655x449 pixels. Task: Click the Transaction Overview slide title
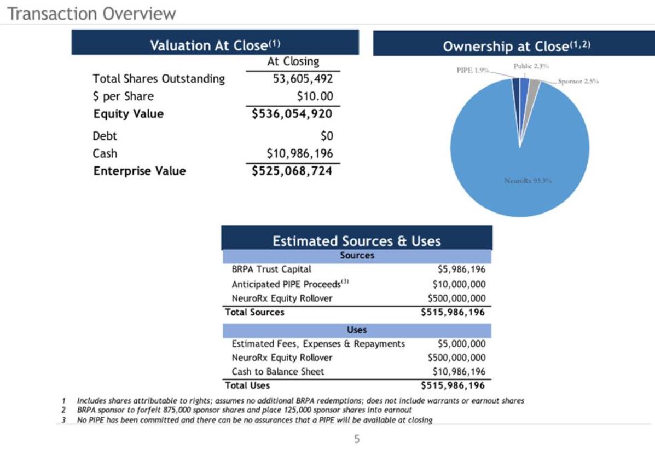92,13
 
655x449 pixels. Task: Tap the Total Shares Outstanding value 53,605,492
303,79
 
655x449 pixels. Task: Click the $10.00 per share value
315,96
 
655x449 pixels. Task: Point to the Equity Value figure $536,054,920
292,114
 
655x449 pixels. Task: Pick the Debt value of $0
326,136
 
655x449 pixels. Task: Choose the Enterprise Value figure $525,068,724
292,171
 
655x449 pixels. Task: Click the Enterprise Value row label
140,171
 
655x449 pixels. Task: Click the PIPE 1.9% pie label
473,71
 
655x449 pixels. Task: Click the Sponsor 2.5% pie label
578,82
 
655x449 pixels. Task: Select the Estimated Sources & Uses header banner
356,241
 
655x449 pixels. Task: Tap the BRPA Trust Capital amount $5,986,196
461,269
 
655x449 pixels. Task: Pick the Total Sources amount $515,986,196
453,312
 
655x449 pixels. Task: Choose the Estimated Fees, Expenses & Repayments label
318,344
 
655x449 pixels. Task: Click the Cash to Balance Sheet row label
277,372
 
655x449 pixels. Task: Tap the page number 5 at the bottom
357,439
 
